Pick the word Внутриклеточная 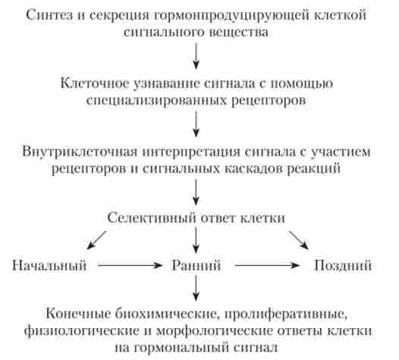[80, 153]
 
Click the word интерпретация [191, 153]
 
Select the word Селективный [152, 218]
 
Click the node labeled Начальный [49, 266]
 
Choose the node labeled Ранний [196, 266]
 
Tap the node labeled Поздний [343, 266]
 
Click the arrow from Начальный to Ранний [130, 266]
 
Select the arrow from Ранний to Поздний [267, 266]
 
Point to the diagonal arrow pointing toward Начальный [96, 240]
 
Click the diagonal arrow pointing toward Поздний [298, 240]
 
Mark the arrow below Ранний [196, 288]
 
